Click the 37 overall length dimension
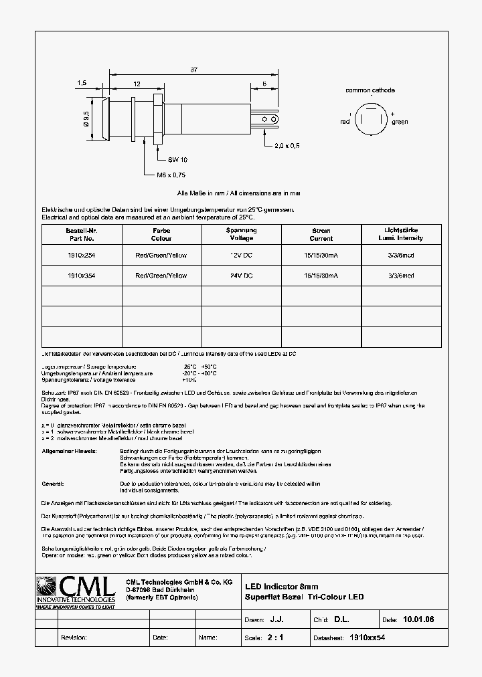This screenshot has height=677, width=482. pyautogui.click(x=193, y=70)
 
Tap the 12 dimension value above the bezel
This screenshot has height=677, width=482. pyautogui.click(x=137, y=84)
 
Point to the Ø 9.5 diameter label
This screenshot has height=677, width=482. pyautogui.click(x=86, y=119)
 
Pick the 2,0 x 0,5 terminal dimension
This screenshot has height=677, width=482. pyautogui.click(x=287, y=145)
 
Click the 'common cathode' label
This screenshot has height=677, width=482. pyautogui.click(x=370, y=90)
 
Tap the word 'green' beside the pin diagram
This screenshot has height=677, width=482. pyautogui.click(x=400, y=122)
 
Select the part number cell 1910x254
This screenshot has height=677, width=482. pyautogui.click(x=81, y=255)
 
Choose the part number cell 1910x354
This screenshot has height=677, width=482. pyautogui.click(x=81, y=275)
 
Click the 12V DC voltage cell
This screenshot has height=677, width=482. pyautogui.click(x=240, y=255)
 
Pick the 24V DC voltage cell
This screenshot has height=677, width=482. pyautogui.click(x=240, y=275)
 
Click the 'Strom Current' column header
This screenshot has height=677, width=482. pyautogui.click(x=321, y=234)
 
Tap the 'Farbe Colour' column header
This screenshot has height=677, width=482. pyautogui.click(x=161, y=234)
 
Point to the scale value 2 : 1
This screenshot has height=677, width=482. pyautogui.click(x=275, y=638)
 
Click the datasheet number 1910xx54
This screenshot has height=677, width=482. pyautogui.click(x=368, y=638)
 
